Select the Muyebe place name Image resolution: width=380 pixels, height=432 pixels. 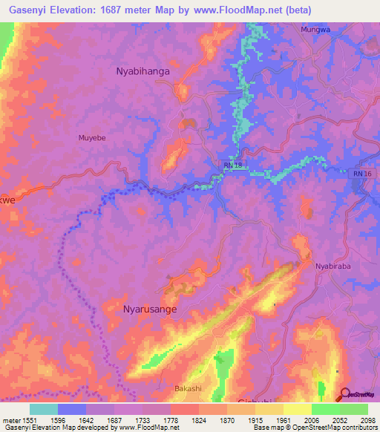[x=93, y=137]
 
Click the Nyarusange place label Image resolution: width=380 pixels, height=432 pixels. [x=149, y=309]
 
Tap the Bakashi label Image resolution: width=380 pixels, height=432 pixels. [x=188, y=388]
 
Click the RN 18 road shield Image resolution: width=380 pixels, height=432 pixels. [x=233, y=164]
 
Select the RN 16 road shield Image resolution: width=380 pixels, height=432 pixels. [x=358, y=173]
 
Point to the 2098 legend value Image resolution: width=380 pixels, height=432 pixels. [x=368, y=419]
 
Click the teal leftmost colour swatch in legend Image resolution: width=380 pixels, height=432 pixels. [x=44, y=409]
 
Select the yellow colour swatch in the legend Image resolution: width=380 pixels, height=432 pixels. [x=297, y=409]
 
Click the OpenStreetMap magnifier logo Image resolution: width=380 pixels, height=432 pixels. [x=345, y=394]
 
